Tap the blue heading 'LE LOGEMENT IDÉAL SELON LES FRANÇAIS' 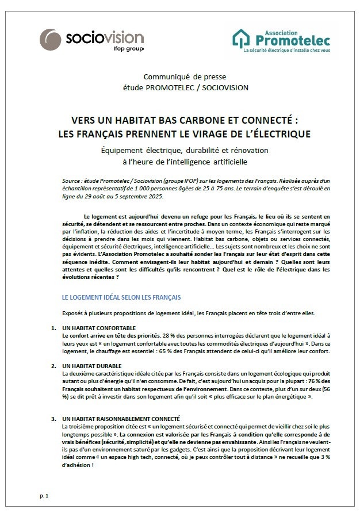(x=121, y=297)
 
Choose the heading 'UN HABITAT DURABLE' (x=89, y=366)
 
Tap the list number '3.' (x=53, y=418)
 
